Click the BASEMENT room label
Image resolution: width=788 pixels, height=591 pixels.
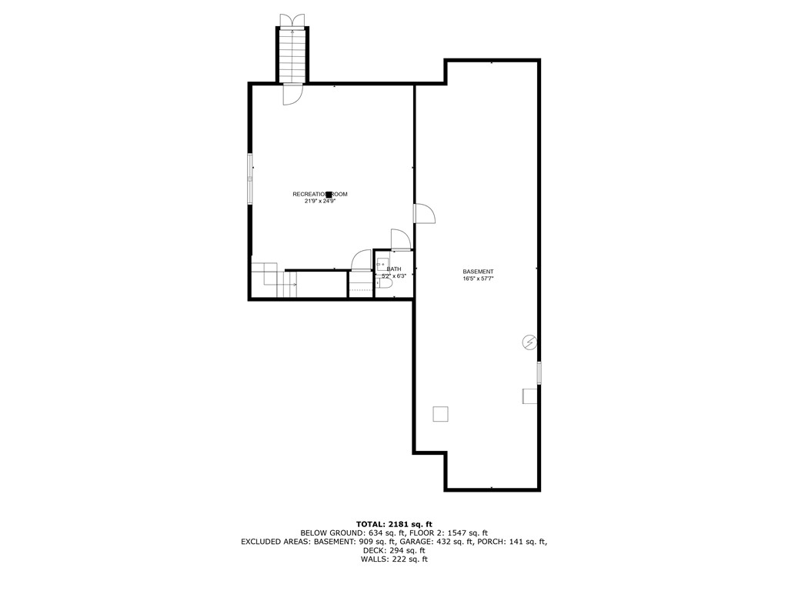tap(478, 272)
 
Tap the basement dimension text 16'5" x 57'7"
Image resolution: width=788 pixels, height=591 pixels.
tap(478, 279)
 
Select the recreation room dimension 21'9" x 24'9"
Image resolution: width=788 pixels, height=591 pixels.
tap(320, 201)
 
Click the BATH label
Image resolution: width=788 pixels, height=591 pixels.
tap(394, 269)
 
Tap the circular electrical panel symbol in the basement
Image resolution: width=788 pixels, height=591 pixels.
tap(529, 342)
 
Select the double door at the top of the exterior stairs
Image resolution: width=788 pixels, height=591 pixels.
tap(292, 20)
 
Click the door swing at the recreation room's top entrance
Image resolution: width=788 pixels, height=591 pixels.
tap(292, 94)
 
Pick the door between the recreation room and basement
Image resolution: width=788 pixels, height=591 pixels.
tap(424, 214)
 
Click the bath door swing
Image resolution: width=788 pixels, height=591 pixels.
tap(400, 239)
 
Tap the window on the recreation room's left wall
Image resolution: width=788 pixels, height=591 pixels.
tap(250, 179)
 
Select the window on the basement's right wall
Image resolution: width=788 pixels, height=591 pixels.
tap(539, 372)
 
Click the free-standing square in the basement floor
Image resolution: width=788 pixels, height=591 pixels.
tap(440, 414)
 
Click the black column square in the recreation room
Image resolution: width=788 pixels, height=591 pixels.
tap(329, 195)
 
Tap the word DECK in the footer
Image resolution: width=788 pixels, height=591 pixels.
tap(374, 550)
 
